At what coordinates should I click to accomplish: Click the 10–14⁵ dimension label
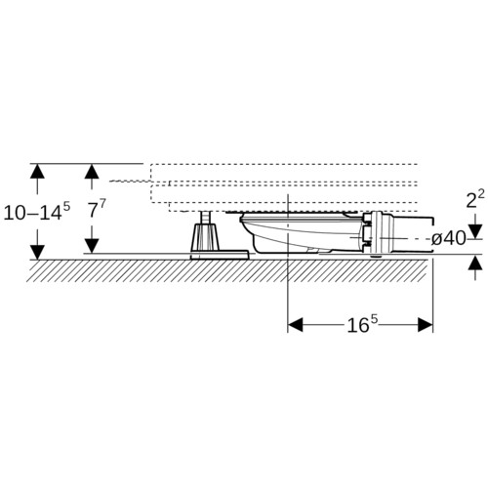click(37, 212)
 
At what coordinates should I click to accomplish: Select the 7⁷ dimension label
click(97, 209)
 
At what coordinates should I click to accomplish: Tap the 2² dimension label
click(475, 199)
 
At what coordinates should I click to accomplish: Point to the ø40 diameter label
click(448, 239)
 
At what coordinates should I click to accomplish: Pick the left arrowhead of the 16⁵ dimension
click(295, 325)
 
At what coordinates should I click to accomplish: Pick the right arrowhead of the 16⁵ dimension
click(426, 325)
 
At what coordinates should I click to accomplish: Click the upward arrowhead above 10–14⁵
click(37, 171)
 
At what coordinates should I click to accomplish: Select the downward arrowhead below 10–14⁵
click(37, 253)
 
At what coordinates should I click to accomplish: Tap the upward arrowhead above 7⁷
click(92, 171)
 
